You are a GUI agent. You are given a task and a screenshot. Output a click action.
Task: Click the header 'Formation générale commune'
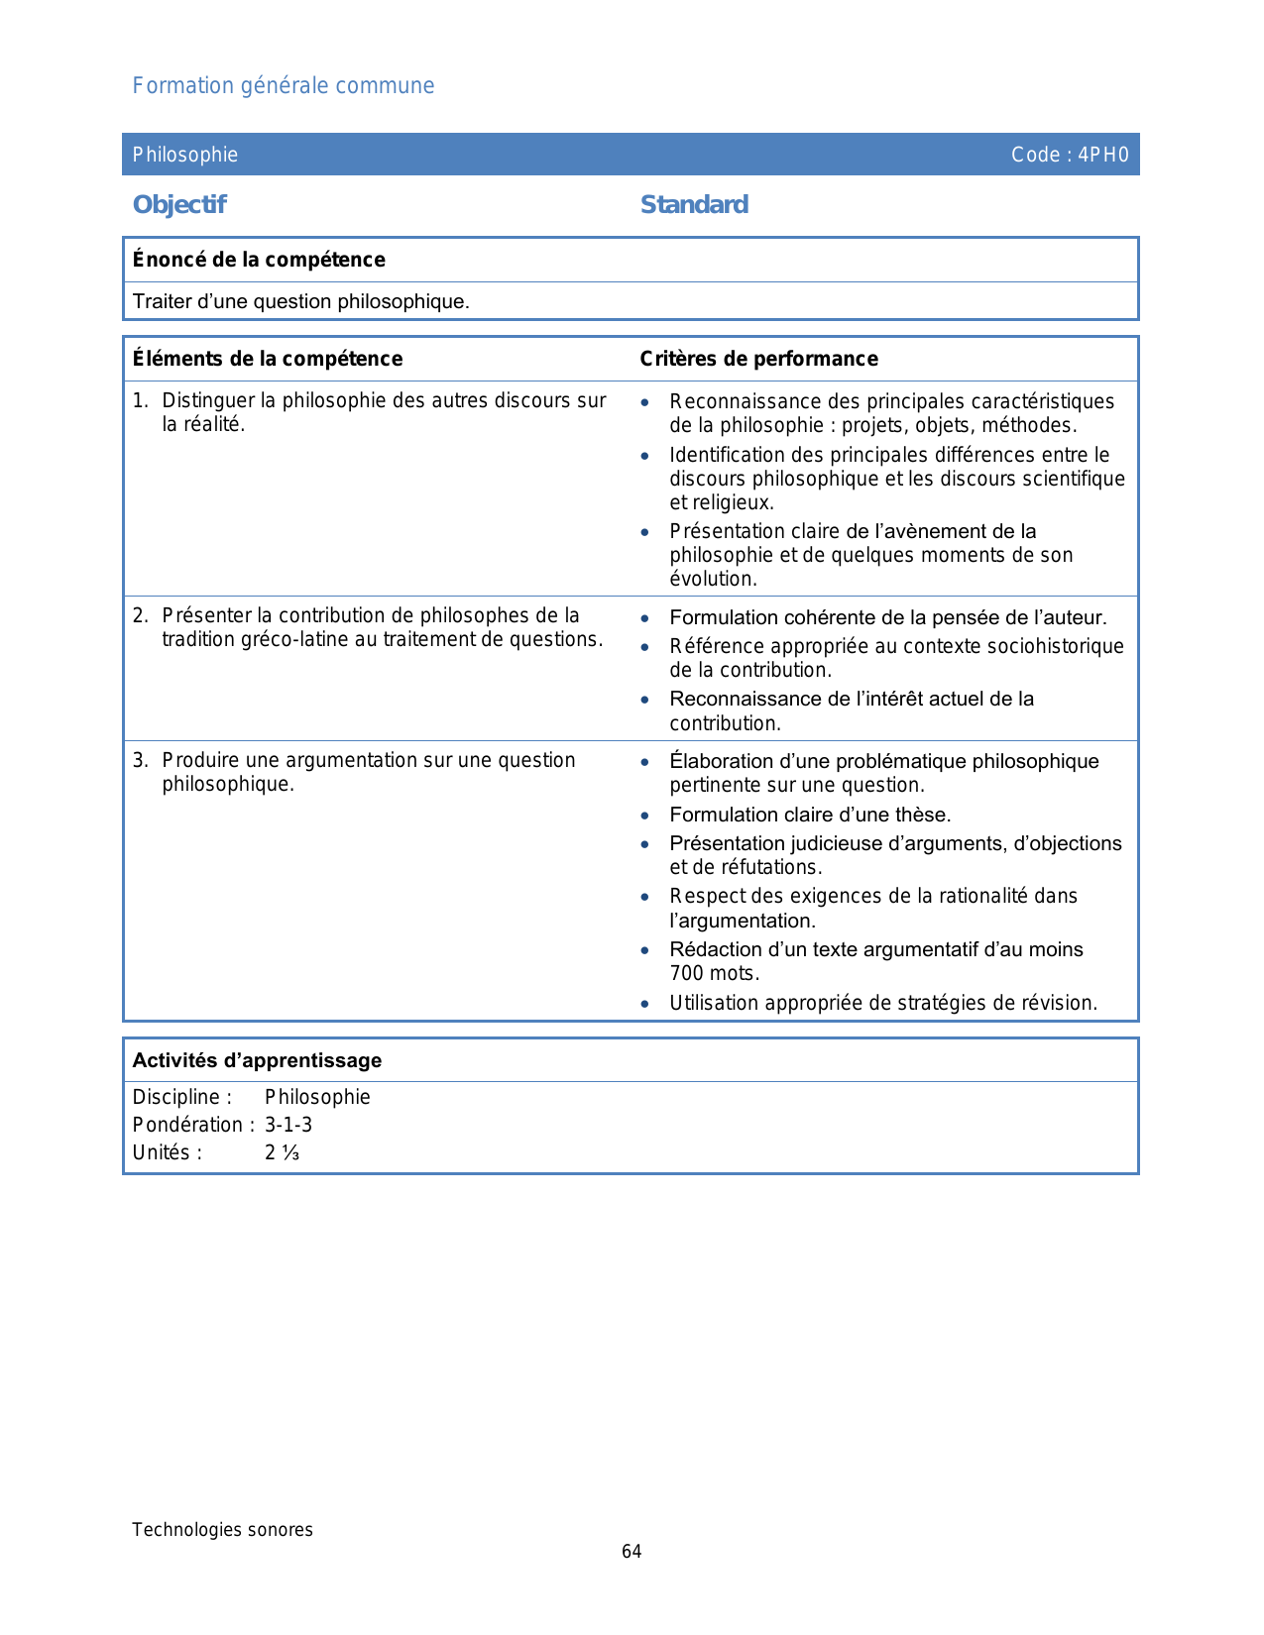(x=284, y=86)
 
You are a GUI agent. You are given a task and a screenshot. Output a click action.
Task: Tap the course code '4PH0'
(x=1103, y=155)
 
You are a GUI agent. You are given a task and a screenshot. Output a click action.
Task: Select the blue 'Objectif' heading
(x=179, y=205)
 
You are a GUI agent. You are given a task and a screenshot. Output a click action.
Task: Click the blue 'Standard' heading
(x=694, y=205)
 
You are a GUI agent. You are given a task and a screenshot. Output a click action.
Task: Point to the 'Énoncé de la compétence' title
(x=259, y=260)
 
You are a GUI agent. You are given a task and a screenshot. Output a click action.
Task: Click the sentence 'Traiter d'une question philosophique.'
(x=301, y=301)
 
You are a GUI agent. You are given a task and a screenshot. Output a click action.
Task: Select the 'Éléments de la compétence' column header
(x=268, y=359)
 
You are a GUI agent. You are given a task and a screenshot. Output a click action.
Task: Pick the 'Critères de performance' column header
(x=758, y=359)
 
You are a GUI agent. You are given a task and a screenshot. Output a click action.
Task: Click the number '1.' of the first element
(x=140, y=400)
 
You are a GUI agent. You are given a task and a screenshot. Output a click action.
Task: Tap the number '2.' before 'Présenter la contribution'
(x=140, y=615)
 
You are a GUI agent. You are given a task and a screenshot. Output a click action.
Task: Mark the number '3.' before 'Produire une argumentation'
(x=140, y=760)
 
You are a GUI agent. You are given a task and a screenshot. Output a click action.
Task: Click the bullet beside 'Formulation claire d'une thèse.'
(x=645, y=816)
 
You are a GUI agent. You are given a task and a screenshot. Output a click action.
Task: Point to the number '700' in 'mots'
(x=687, y=973)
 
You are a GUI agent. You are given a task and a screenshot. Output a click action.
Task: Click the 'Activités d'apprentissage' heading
(x=257, y=1060)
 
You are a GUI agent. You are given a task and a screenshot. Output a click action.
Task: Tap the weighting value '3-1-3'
(x=288, y=1125)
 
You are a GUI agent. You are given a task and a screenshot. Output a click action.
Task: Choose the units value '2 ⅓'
(x=282, y=1152)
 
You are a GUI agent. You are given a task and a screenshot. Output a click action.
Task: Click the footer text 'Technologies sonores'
(x=222, y=1530)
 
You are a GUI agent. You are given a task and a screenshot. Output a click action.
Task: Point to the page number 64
(x=632, y=1552)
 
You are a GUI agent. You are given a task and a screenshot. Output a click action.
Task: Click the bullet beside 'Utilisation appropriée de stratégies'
(x=645, y=1004)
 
